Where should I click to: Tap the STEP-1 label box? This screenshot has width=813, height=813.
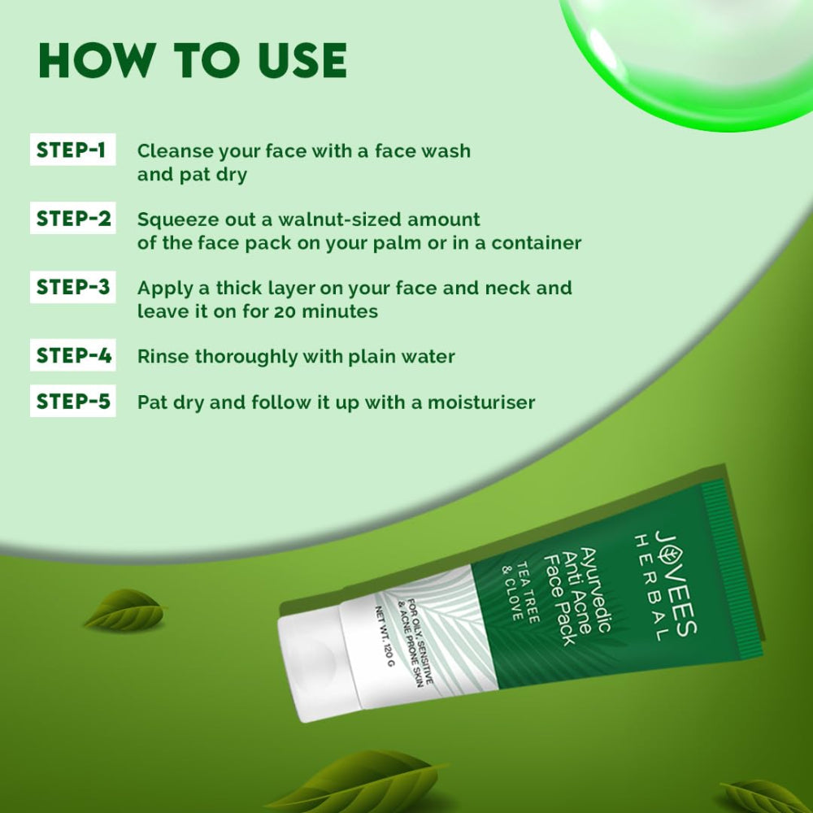[x=72, y=150]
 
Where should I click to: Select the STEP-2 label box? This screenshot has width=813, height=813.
[x=72, y=219]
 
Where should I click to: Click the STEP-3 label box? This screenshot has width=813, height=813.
[x=72, y=287]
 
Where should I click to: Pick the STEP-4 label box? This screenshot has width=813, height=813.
[x=72, y=356]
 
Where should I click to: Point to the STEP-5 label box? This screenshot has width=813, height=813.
[x=72, y=402]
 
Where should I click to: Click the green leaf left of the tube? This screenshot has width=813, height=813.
[x=124, y=610]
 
